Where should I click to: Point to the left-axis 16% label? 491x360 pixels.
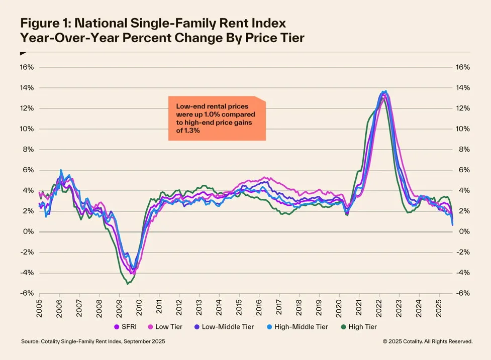coord(27,67)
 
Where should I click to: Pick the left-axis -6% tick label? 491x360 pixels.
coord(27,294)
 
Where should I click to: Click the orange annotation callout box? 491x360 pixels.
coord(217,118)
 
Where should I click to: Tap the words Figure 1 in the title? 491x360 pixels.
coord(45,24)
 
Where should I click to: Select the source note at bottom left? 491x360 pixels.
coord(92,341)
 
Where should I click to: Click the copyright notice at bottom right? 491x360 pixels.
coord(427,341)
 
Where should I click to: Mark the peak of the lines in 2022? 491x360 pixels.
coord(384,91)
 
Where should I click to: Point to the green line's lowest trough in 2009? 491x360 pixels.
coord(128,284)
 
